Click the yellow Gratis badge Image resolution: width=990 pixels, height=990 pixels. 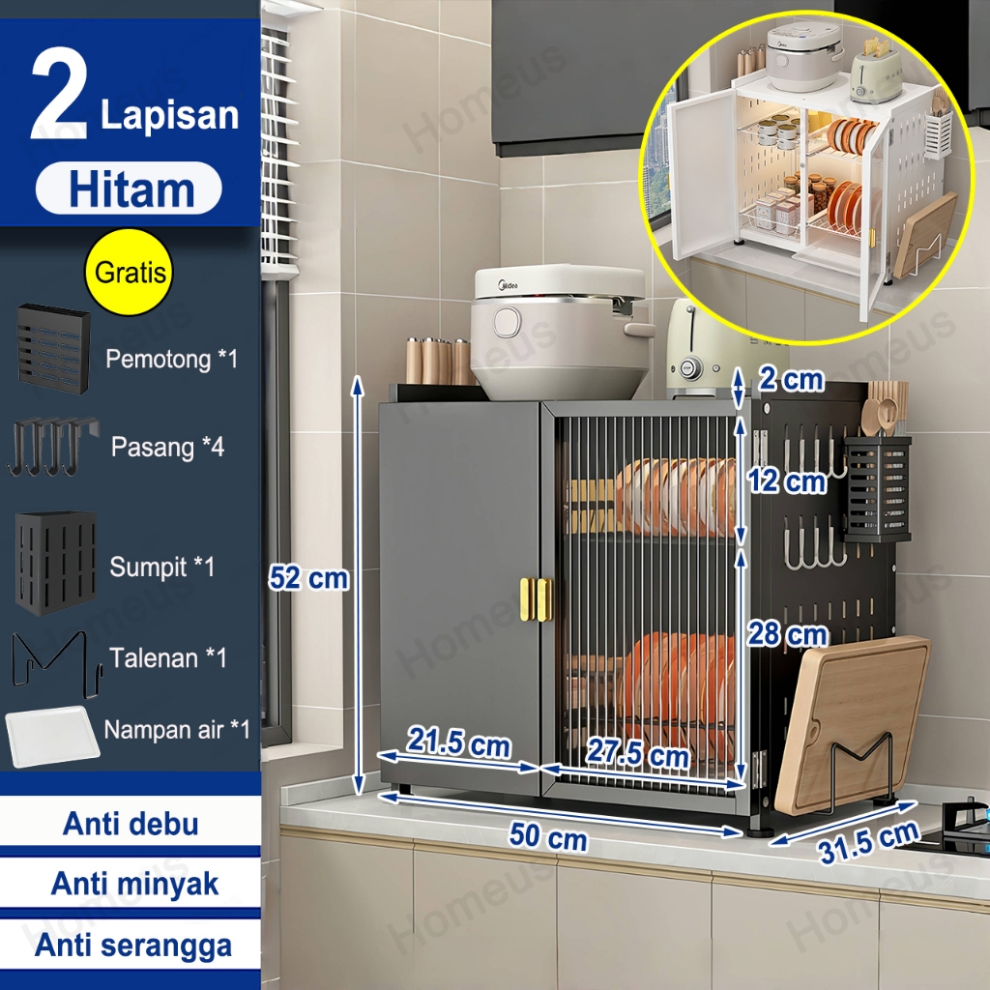point(129,272)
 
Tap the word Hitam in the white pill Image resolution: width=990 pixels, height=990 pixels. point(131,189)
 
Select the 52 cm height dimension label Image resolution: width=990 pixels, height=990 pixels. point(308,578)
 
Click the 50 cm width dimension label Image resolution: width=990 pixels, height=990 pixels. point(548,835)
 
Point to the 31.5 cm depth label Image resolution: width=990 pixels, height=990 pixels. point(868,842)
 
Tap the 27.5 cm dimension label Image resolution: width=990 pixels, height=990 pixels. point(637,752)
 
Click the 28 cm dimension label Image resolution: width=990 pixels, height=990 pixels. point(787,634)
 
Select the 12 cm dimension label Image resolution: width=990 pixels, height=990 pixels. point(787,481)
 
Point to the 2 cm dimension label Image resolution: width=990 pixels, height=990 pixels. point(791,379)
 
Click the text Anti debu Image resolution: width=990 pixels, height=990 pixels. point(131,824)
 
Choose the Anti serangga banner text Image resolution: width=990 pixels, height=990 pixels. point(133,946)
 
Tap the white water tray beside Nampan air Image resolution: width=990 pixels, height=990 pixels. point(52,736)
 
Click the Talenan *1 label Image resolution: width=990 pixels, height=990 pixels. point(168,657)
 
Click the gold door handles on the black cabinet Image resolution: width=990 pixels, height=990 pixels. point(536,599)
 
